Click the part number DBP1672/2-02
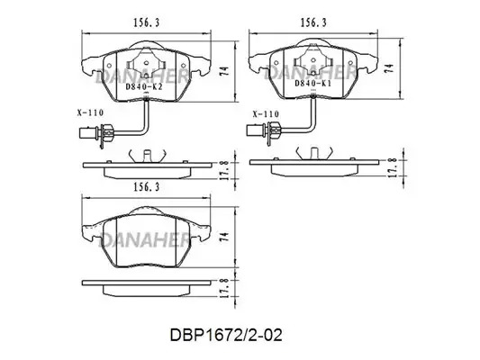[x=226, y=335]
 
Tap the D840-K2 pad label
[x=144, y=86]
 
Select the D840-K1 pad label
[x=312, y=83]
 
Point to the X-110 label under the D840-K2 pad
[x=90, y=112]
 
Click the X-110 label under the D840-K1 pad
[x=266, y=114]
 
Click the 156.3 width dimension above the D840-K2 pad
[x=146, y=22]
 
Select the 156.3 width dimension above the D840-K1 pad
[x=313, y=22]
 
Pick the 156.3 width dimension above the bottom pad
[x=146, y=187]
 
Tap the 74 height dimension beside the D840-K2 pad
[x=224, y=71]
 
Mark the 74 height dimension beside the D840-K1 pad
[x=388, y=67]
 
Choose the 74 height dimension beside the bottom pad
[x=224, y=237]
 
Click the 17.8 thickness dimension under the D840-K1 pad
[x=393, y=167]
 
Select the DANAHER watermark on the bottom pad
[x=145, y=239]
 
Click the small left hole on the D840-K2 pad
[x=109, y=66]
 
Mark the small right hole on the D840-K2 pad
[x=184, y=66]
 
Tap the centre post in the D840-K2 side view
[x=148, y=156]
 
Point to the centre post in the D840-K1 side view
[x=314, y=153]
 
